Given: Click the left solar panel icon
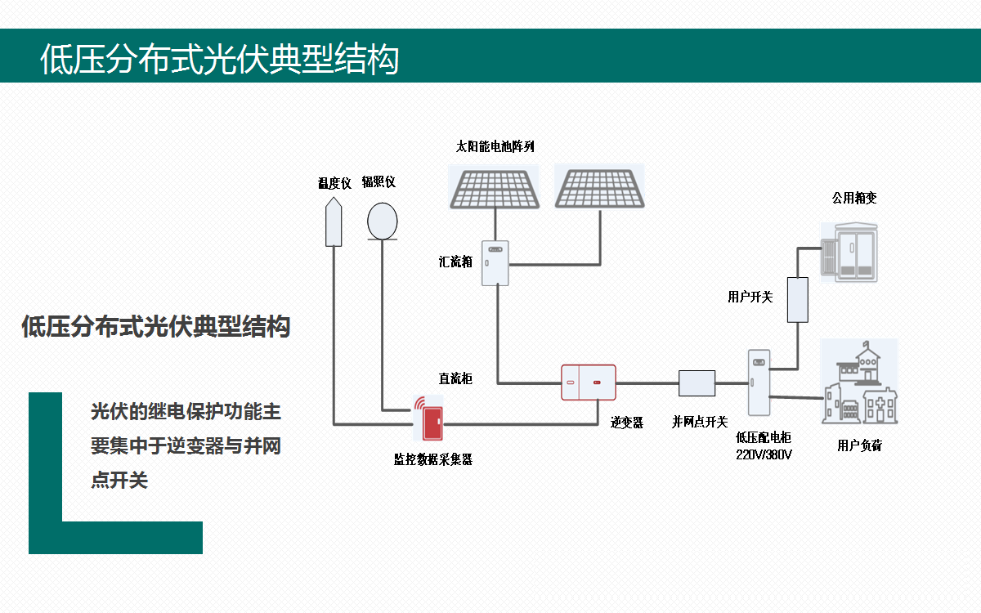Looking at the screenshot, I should tap(494, 188).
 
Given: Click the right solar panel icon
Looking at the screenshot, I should tap(599, 187).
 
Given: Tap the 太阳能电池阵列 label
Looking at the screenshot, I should tap(495, 147).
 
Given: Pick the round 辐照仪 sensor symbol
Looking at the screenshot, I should tap(382, 221).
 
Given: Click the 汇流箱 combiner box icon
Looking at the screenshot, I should tap(495, 263).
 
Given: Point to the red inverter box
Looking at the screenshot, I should tap(588, 382).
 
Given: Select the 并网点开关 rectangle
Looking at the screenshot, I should tap(697, 383).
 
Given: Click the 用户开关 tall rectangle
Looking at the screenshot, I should tap(797, 299).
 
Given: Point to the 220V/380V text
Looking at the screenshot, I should tap(764, 454).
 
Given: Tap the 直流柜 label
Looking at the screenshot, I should tap(455, 378).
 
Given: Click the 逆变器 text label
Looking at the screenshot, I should tap(627, 422).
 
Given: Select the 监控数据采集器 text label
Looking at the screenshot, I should tap(433, 459).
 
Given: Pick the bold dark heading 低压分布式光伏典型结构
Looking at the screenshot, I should tap(155, 327).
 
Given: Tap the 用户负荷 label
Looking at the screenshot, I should tap(859, 445).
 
